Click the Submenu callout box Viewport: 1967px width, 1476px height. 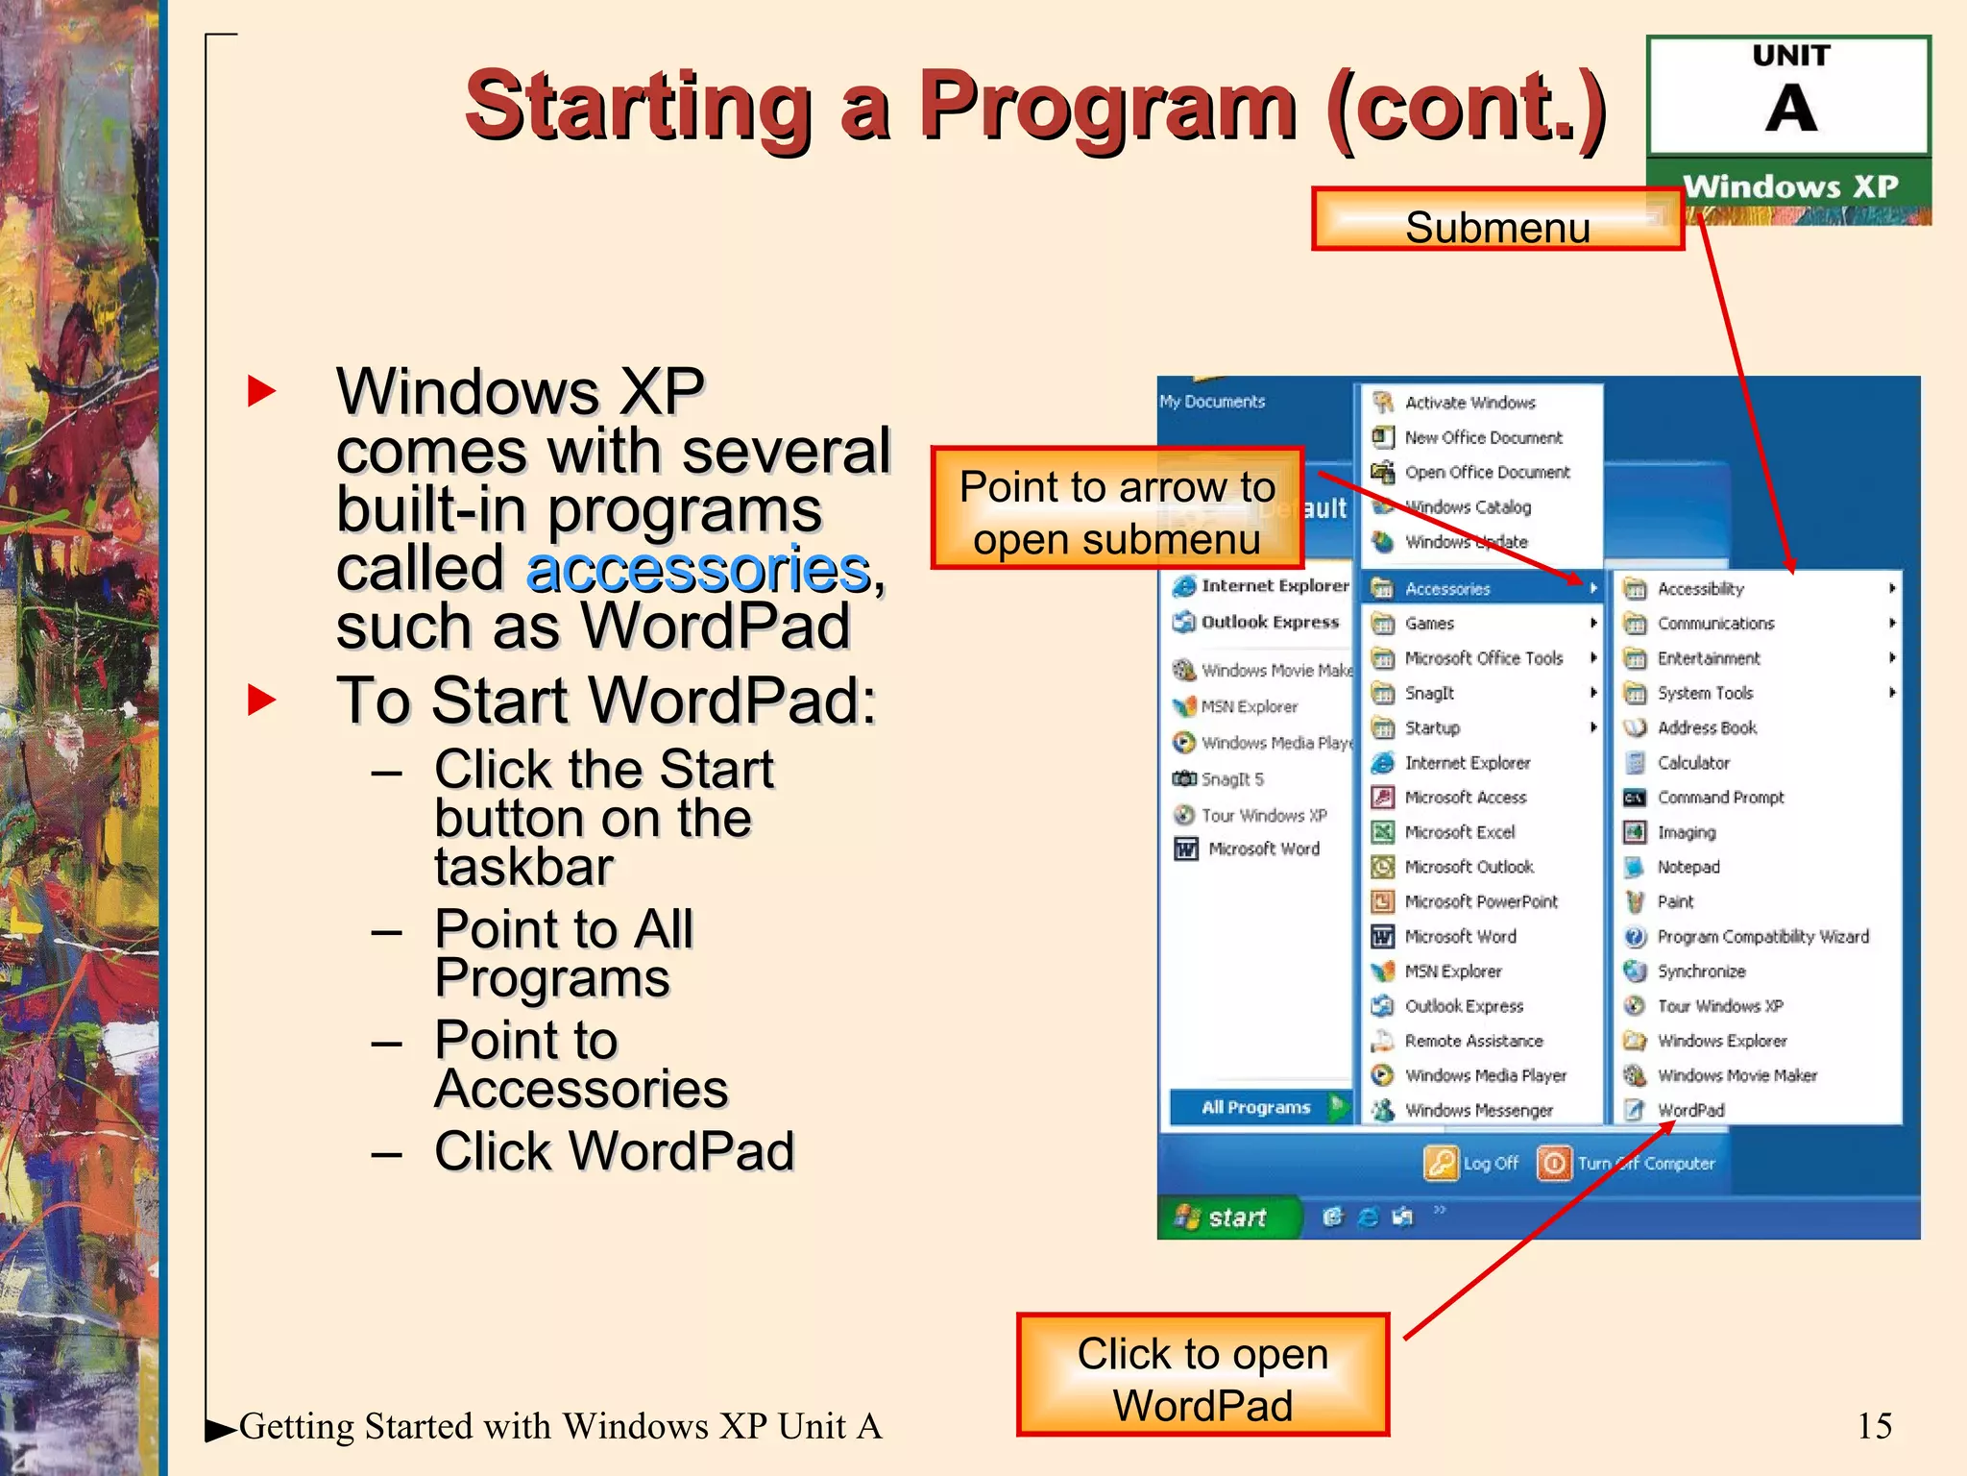[1496, 220]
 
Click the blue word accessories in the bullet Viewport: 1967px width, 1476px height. [698, 569]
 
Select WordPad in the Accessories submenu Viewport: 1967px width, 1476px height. [1690, 1110]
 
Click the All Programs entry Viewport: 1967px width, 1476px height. [1256, 1107]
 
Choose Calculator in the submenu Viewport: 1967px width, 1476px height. [1692, 763]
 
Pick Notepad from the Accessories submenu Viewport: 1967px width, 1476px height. [1688, 867]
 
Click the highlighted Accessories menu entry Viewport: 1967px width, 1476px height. [1447, 588]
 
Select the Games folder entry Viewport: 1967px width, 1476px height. [1429, 624]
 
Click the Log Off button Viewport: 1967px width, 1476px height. [1473, 1163]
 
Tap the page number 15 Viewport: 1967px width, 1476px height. [1874, 1425]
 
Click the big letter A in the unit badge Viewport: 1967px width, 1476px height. [1790, 109]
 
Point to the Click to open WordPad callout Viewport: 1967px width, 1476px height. [1202, 1377]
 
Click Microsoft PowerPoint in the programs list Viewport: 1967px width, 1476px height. [1480, 901]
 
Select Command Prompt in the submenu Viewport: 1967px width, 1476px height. [1719, 798]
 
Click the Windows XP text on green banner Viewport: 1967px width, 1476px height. [1789, 185]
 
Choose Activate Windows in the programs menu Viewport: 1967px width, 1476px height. [1469, 403]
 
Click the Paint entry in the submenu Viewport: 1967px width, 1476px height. [1675, 901]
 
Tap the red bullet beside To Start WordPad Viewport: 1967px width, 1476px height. [261, 700]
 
